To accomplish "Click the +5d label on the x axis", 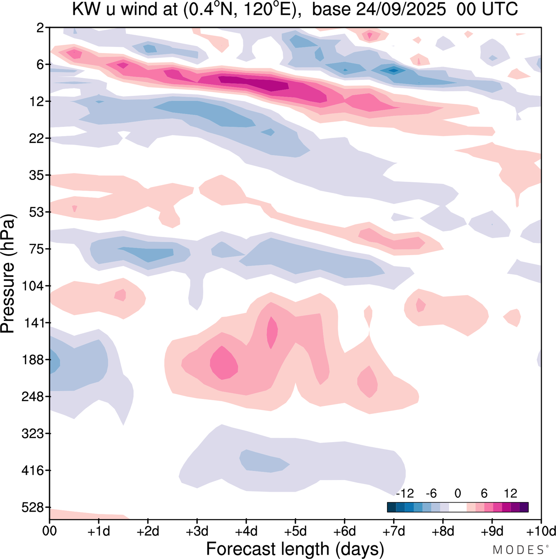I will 295,531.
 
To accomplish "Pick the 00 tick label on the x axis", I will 50,531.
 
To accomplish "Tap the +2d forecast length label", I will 148,531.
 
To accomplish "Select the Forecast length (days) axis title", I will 295,549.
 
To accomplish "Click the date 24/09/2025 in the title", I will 401,10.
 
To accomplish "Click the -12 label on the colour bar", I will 405,493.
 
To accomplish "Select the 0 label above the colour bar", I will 457,493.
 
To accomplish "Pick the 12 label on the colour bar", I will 510,493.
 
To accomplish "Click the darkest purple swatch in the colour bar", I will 524,507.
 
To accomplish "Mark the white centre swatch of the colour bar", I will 457,507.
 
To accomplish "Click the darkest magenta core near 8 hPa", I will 256,83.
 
